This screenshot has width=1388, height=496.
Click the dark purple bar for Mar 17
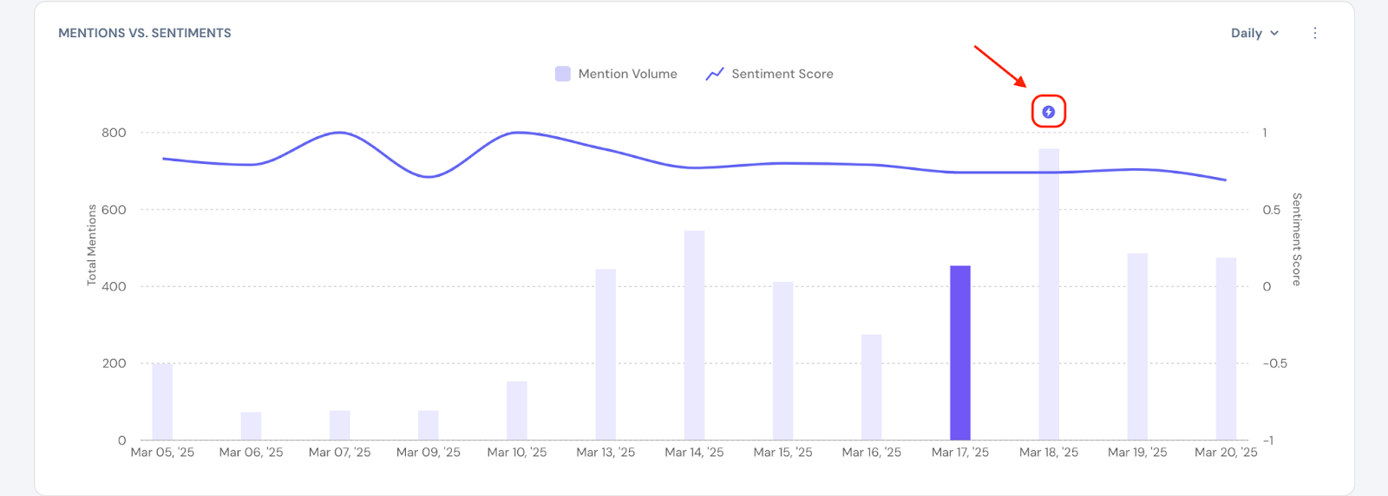click(959, 353)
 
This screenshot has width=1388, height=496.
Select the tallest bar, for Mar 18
click(1048, 295)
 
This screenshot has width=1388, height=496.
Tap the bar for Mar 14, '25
click(694, 336)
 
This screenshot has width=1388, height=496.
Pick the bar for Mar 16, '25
click(871, 388)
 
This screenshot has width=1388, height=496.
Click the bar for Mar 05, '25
click(162, 402)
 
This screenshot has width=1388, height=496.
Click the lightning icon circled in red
click(1048, 112)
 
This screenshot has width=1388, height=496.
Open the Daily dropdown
click(1254, 33)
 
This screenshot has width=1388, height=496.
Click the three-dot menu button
click(1315, 33)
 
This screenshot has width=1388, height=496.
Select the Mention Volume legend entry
click(616, 74)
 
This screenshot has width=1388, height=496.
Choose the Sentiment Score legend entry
click(769, 74)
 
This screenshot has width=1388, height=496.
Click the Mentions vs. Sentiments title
click(145, 33)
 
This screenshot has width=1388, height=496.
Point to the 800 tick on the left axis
click(114, 133)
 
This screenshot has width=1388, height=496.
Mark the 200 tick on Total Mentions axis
click(114, 363)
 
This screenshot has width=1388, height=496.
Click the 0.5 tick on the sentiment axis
click(1271, 210)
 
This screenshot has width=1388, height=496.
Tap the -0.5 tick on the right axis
click(1274, 363)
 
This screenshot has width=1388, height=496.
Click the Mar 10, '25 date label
click(517, 453)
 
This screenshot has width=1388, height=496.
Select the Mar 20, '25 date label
click(1226, 453)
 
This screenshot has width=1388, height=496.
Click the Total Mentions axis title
click(91, 245)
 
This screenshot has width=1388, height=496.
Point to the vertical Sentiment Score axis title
click(1297, 239)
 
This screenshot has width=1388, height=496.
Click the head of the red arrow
click(1025, 86)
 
